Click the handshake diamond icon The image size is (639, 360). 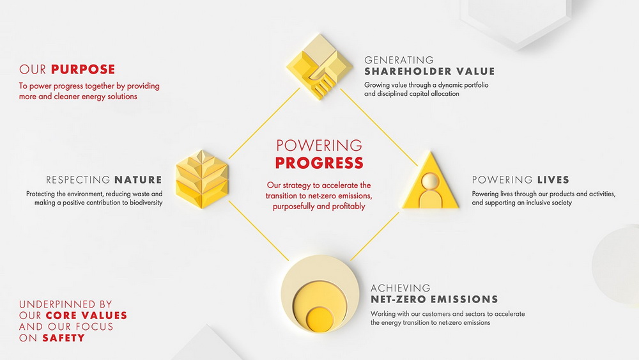pyautogui.click(x=319, y=67)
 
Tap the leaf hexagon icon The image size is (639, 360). pyautogui.click(x=202, y=180)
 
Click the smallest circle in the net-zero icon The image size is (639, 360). pyautogui.click(x=319, y=319)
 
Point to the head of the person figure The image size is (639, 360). pyautogui.click(x=430, y=181)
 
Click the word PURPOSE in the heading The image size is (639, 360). pyautogui.click(x=83, y=69)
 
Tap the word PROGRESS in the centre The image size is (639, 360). pyautogui.click(x=319, y=163)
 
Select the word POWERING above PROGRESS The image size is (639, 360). pyautogui.click(x=319, y=145)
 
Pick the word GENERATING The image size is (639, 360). pyautogui.click(x=399, y=60)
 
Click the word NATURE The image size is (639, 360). pyautogui.click(x=138, y=180)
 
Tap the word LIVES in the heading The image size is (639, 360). pyautogui.click(x=553, y=180)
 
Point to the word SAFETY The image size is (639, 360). pyautogui.click(x=63, y=338)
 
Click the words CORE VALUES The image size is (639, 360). pyautogui.click(x=86, y=316)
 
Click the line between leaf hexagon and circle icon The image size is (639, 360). pyautogui.click(x=258, y=230)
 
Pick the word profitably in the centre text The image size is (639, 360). pyautogui.click(x=348, y=207)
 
